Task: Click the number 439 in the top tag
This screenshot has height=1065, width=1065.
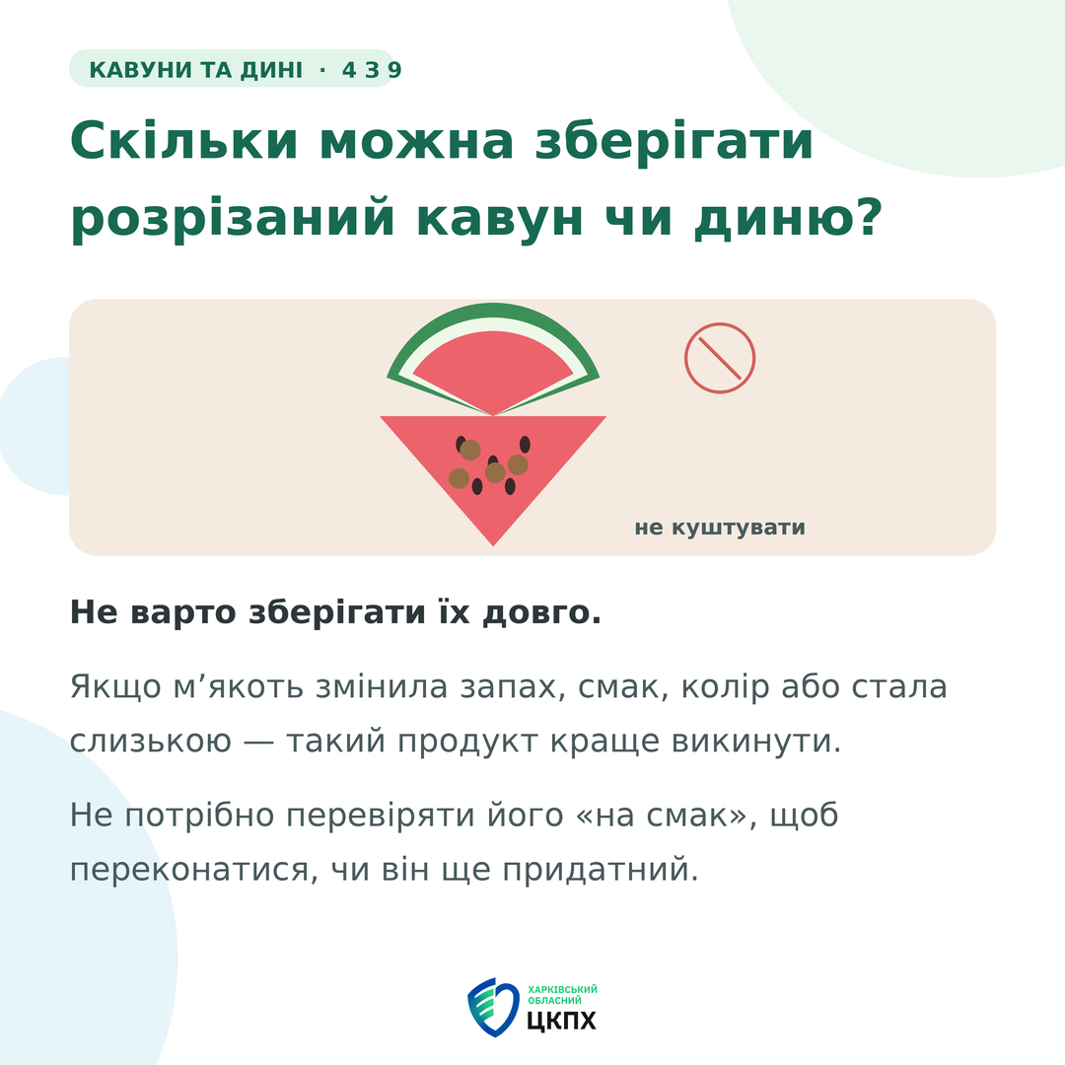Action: [x=372, y=70]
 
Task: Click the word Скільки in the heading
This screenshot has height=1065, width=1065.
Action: [x=184, y=141]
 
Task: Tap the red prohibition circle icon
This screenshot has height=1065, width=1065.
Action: [x=720, y=358]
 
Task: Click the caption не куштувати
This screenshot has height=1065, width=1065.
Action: [x=720, y=528]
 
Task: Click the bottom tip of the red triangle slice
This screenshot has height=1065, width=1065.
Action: [x=494, y=545]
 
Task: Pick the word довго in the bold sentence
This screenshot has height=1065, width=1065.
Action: [x=542, y=613]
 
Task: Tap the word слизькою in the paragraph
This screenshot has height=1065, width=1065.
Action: [x=151, y=741]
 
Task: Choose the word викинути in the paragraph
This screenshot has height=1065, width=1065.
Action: [x=756, y=741]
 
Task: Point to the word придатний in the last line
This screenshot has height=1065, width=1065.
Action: [x=601, y=870]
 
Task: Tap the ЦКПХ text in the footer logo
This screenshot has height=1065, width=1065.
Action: [x=561, y=1021]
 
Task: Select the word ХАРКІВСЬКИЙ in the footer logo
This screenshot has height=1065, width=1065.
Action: [x=562, y=990]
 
